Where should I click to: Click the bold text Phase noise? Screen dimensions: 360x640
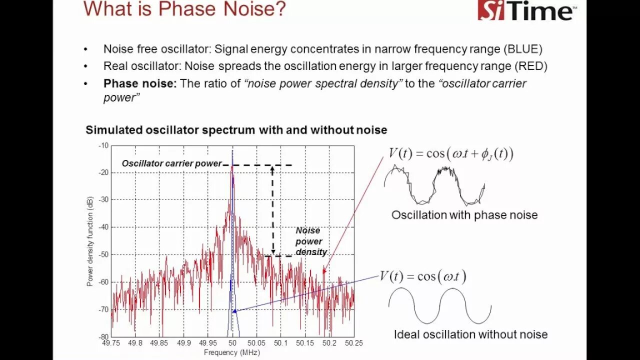pos(140,83)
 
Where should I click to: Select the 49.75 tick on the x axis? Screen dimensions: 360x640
pos(111,343)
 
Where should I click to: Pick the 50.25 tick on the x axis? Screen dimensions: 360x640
pos(353,343)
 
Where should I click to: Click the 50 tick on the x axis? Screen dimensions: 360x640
pos(232,343)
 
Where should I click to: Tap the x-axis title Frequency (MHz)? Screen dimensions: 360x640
pos(232,352)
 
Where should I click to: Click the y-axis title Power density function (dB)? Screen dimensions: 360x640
pos(90,241)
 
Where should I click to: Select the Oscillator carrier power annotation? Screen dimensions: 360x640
pos(171,163)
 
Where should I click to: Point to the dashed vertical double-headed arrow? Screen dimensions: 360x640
pos(272,210)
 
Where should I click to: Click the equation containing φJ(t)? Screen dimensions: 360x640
pos(451,153)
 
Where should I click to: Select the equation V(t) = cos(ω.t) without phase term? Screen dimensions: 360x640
pos(422,276)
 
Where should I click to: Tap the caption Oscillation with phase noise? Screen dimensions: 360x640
pos(464,215)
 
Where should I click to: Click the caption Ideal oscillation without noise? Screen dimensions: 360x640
pos(470,334)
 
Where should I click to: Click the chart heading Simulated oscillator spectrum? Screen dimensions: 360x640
pos(236,130)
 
